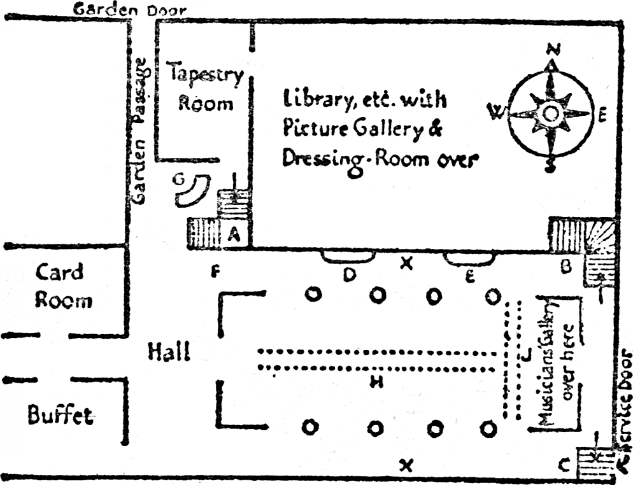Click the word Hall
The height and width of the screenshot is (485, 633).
coord(169,351)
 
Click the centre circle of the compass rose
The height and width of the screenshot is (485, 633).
coord(551,114)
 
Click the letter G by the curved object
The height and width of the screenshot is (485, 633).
coord(181,180)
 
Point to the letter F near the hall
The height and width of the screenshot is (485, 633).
coord(216,274)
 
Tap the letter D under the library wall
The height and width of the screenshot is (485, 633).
coord(348,275)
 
